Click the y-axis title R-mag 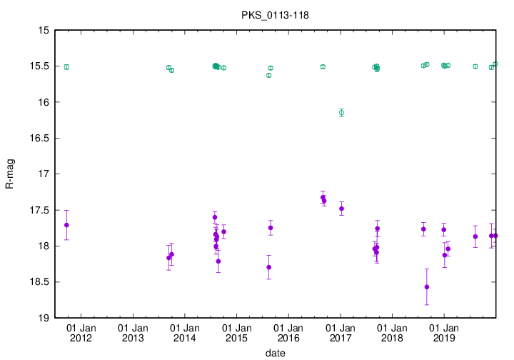[x=9, y=174]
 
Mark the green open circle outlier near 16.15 [x=341, y=112]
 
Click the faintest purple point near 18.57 [x=427, y=287]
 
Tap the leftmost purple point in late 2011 [x=66, y=225]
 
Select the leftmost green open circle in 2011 [x=66, y=67]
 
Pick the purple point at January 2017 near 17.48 [x=342, y=209]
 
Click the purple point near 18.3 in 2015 [x=269, y=267]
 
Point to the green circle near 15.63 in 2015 [x=269, y=75]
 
